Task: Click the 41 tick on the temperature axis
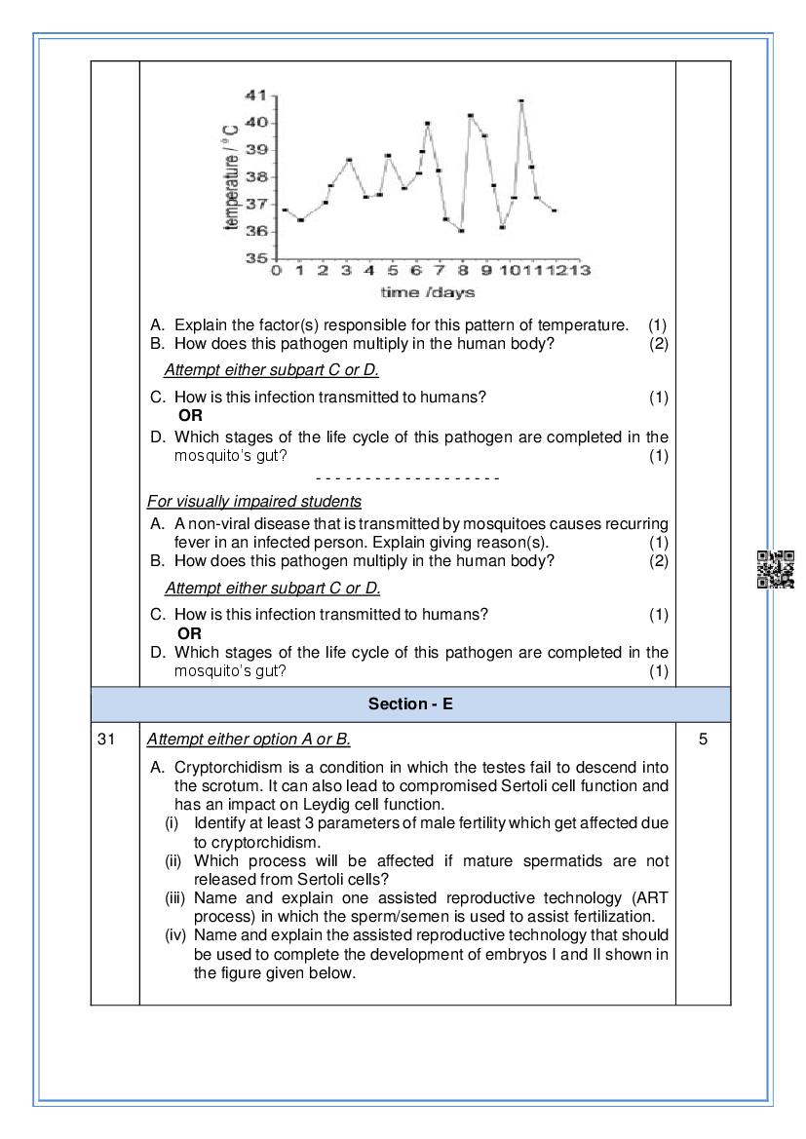click(x=256, y=95)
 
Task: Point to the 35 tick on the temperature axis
click(x=256, y=258)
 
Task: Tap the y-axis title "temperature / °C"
click(x=231, y=176)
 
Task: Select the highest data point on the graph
click(x=521, y=101)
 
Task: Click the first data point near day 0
click(x=284, y=209)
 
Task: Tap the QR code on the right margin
click(x=776, y=570)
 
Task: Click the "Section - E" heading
click(x=410, y=703)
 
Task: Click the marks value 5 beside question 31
click(x=704, y=740)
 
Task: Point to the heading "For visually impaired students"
click(x=254, y=502)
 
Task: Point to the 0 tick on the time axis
click(x=277, y=270)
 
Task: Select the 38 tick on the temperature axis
click(x=256, y=177)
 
